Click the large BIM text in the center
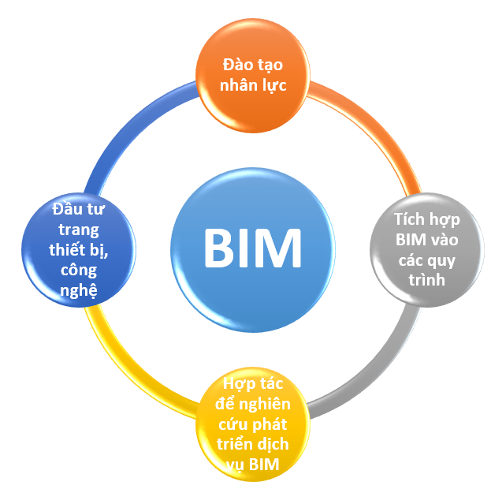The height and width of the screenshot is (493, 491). pos(252,248)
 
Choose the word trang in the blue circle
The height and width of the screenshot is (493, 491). pos(79,230)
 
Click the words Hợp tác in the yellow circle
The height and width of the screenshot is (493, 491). pos(252,384)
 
